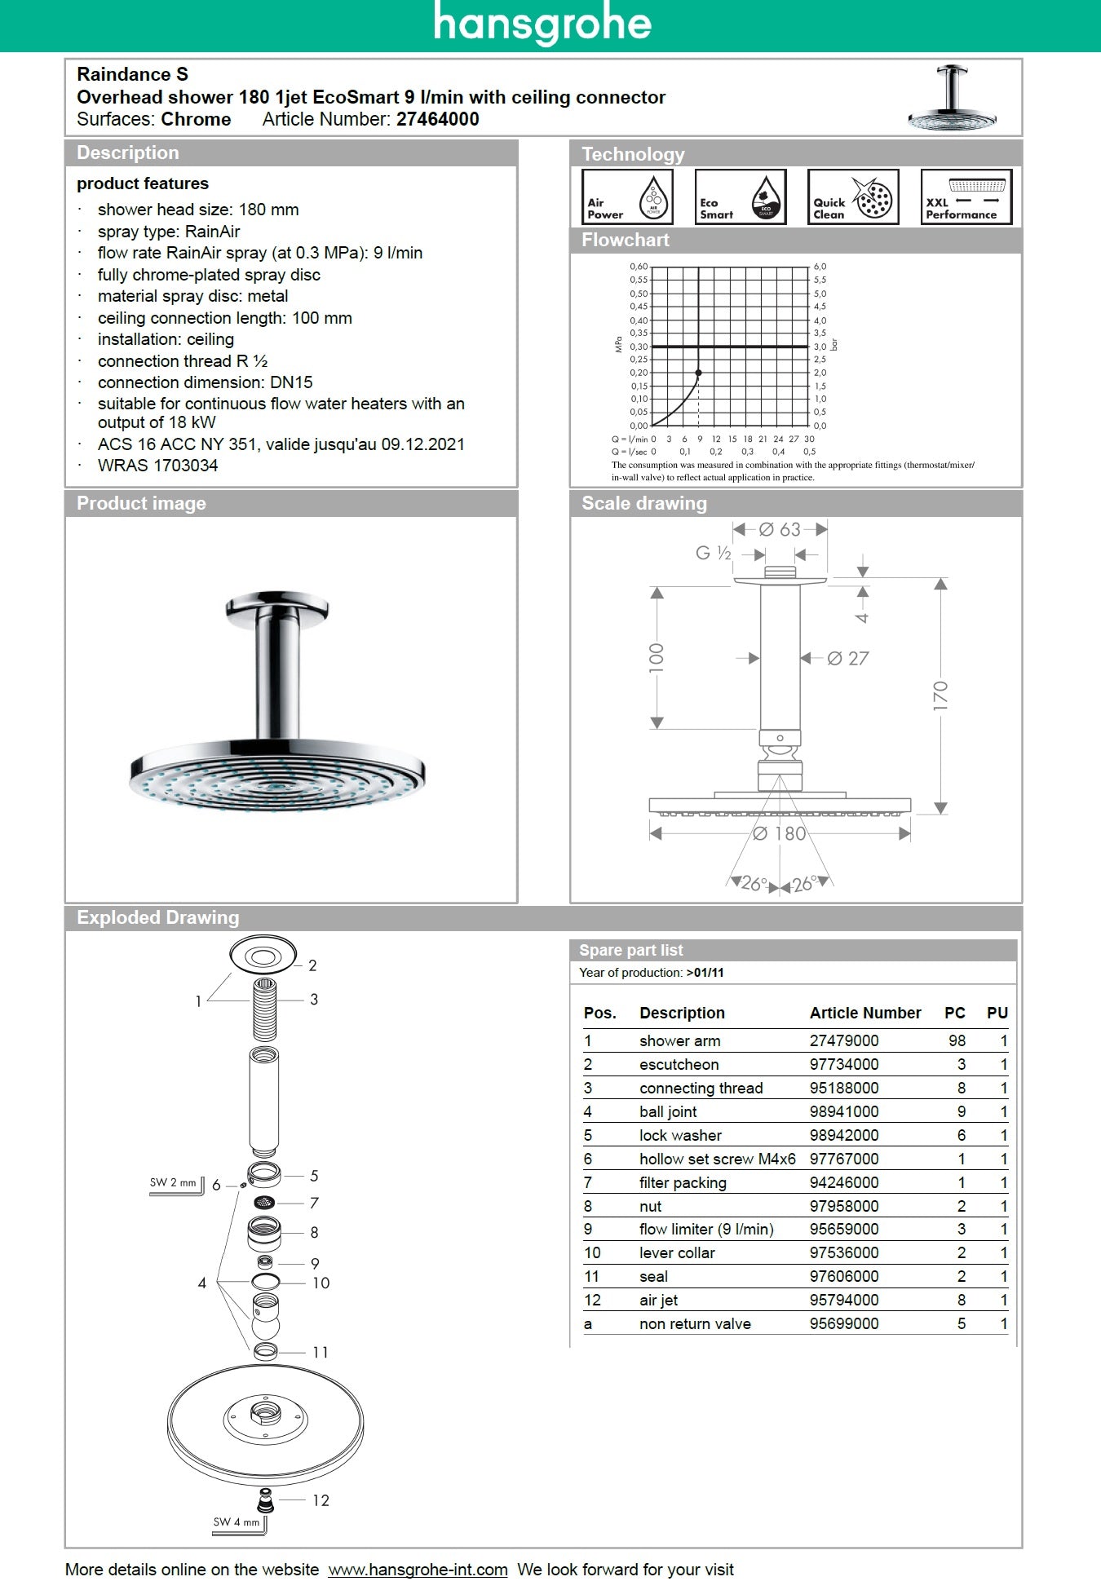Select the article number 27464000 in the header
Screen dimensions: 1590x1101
point(437,119)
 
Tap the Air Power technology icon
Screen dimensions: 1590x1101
point(626,197)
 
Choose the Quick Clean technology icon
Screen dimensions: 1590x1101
point(852,197)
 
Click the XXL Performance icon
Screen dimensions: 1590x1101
point(966,197)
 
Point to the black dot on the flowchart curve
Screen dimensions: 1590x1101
point(699,373)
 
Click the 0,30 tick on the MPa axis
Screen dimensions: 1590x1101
point(639,347)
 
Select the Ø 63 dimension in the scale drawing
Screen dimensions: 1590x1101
point(780,530)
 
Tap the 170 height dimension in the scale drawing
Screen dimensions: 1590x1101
point(940,696)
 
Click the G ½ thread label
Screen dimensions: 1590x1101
point(714,554)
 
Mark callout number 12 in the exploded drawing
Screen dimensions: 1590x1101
point(321,1500)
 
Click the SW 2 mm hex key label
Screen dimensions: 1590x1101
point(173,1182)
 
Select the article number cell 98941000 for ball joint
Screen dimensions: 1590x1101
point(843,1111)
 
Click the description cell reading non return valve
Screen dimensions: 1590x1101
point(694,1323)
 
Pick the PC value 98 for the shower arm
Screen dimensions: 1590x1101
point(957,1040)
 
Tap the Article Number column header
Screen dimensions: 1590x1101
point(864,1013)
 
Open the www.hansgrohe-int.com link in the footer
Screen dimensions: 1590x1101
point(418,1570)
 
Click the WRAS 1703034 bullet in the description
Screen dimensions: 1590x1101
point(157,466)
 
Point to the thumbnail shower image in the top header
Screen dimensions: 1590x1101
point(952,98)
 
